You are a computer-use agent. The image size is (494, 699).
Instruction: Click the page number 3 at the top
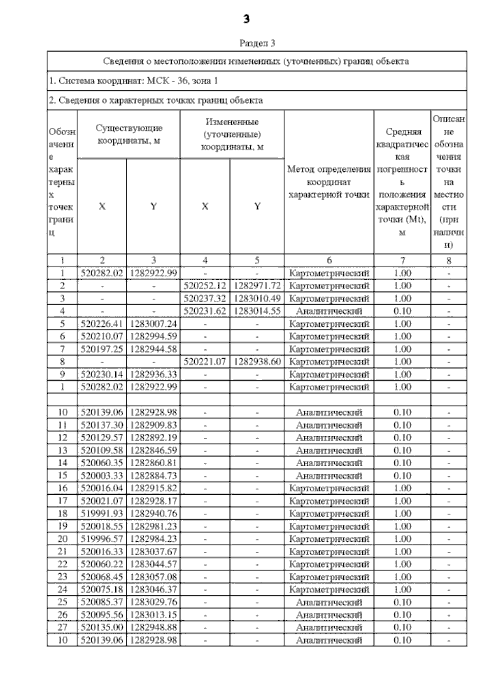pyautogui.click(x=246, y=19)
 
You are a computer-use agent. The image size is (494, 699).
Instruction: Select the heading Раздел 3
pyautogui.click(x=257, y=43)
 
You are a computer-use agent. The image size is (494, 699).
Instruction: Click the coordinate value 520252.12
pyautogui.click(x=205, y=286)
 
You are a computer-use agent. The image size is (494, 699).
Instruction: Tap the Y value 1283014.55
pyautogui.click(x=257, y=311)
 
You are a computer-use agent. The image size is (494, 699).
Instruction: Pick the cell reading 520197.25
pyautogui.click(x=102, y=349)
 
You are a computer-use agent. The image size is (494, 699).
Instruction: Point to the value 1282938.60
pyautogui.click(x=257, y=362)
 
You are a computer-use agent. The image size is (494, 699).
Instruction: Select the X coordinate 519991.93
pyautogui.click(x=102, y=514)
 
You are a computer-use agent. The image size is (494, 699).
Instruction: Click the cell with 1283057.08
pyautogui.click(x=153, y=577)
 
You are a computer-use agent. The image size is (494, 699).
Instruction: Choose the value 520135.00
pyautogui.click(x=102, y=627)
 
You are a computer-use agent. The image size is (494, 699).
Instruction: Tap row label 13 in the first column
pyautogui.click(x=62, y=450)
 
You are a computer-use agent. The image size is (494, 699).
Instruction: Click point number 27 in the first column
pyautogui.click(x=62, y=627)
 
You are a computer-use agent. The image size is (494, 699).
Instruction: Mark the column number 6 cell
pyautogui.click(x=329, y=260)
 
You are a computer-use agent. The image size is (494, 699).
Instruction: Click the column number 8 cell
pyautogui.click(x=449, y=260)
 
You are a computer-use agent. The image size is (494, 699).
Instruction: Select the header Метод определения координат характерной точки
pyautogui.click(x=329, y=182)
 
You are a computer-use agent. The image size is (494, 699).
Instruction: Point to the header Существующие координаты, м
pyautogui.click(x=128, y=134)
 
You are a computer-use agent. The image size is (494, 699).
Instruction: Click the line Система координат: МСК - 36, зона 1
pyautogui.click(x=133, y=81)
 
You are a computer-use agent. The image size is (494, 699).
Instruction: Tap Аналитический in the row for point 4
pyautogui.click(x=329, y=311)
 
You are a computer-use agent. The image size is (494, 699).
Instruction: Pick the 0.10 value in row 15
pyautogui.click(x=402, y=476)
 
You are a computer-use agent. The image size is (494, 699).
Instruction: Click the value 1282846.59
pyautogui.click(x=153, y=450)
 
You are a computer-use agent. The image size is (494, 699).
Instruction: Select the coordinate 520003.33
pyautogui.click(x=102, y=476)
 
